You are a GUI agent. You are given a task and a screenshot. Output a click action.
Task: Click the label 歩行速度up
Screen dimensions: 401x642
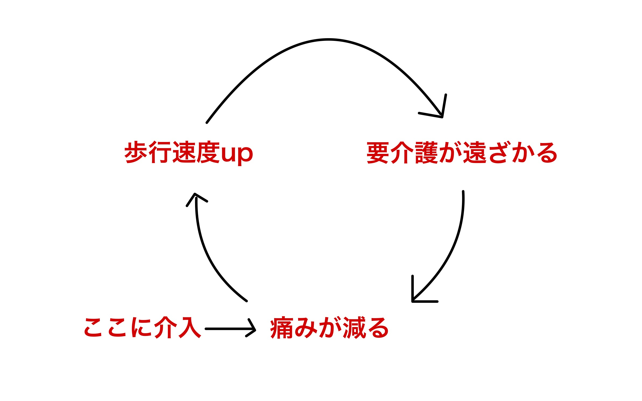point(188,152)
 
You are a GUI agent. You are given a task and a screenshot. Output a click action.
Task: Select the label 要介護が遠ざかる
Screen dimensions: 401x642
point(461,153)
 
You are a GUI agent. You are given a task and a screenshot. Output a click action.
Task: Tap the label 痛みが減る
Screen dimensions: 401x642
point(329,328)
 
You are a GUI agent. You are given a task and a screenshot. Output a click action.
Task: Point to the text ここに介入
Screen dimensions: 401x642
point(143,328)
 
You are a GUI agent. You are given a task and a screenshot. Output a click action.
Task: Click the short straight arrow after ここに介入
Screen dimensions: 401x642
point(229,329)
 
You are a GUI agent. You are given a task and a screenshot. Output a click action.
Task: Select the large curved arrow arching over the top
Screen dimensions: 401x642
point(328,40)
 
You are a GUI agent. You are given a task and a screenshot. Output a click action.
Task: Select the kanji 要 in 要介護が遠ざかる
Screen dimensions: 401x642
point(378,153)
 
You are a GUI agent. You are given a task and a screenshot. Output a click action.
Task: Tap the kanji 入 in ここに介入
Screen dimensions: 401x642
point(190,328)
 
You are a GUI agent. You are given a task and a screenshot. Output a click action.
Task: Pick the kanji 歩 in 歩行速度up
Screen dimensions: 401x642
point(136,152)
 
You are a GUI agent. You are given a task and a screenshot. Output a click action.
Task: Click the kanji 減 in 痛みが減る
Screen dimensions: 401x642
point(355,328)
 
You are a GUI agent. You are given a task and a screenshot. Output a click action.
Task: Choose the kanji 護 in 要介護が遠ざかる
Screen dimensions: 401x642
point(426,153)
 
